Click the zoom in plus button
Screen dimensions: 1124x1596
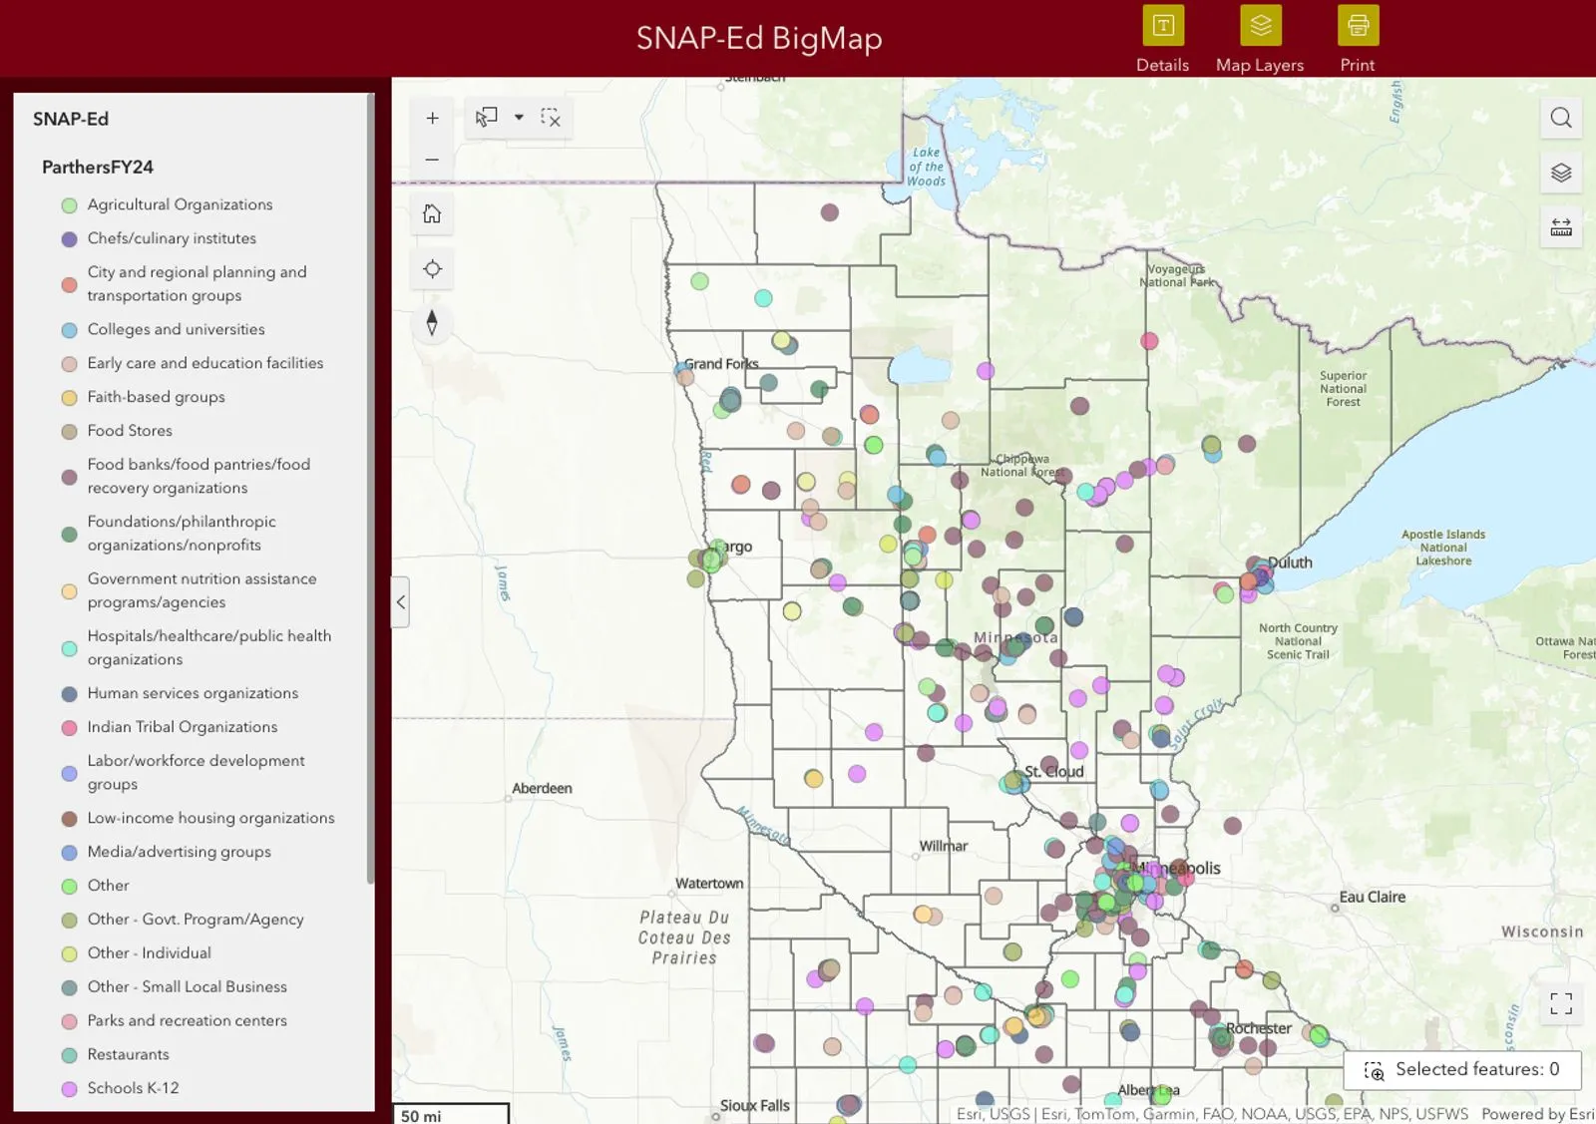click(x=432, y=118)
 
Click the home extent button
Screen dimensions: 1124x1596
click(x=432, y=214)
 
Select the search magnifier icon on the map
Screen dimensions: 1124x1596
click(x=1561, y=118)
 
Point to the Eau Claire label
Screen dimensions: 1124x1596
click(x=1372, y=897)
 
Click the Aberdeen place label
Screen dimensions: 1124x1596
click(x=542, y=788)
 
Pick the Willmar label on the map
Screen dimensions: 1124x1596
click(x=944, y=846)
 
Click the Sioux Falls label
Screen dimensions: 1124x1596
click(x=755, y=1105)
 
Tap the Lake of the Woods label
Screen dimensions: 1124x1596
click(x=927, y=167)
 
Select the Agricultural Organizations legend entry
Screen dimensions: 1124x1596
click(x=180, y=204)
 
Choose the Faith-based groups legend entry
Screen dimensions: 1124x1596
click(x=156, y=397)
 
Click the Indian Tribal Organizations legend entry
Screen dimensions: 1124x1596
click(x=182, y=727)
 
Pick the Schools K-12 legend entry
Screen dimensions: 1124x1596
click(x=133, y=1088)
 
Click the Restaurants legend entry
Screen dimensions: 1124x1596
click(x=128, y=1054)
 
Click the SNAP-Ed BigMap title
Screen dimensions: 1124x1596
click(x=759, y=38)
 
